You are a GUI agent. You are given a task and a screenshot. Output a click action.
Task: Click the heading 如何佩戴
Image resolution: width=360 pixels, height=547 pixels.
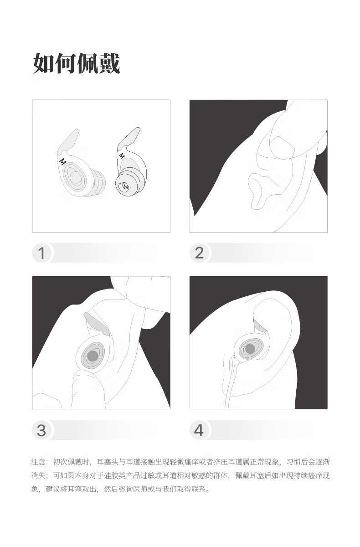click(x=77, y=63)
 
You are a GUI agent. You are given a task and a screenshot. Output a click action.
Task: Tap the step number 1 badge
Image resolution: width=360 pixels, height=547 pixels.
click(x=41, y=253)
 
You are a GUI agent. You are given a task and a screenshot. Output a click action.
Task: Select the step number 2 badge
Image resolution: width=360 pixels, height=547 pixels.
click(x=200, y=253)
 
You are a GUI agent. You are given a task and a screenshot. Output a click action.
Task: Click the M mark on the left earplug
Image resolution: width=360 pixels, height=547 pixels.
click(x=63, y=161)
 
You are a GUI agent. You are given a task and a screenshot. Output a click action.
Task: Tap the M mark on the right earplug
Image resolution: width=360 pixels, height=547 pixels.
click(x=122, y=155)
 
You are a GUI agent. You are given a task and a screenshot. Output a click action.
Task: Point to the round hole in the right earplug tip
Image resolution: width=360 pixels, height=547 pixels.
click(x=124, y=186)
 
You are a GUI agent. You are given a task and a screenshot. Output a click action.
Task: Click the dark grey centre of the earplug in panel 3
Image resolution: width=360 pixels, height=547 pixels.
click(x=93, y=356)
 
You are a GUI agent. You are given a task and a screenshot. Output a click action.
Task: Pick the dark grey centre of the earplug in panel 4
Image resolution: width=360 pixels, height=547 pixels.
click(x=250, y=349)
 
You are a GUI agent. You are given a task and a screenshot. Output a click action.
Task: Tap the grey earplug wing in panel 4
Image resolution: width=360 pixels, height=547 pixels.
click(x=260, y=326)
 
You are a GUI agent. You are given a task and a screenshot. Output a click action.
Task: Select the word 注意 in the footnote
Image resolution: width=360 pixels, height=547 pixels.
click(x=38, y=462)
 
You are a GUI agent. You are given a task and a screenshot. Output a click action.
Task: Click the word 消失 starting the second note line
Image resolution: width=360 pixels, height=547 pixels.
click(x=38, y=475)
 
